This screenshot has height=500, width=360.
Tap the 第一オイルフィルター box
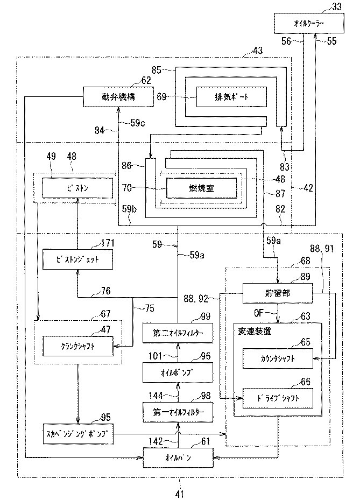[177, 413]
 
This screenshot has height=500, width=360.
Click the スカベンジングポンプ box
[79, 433]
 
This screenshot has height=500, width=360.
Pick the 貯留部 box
[277, 293]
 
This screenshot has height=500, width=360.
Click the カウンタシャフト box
[277, 358]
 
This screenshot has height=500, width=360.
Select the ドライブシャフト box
[277, 399]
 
